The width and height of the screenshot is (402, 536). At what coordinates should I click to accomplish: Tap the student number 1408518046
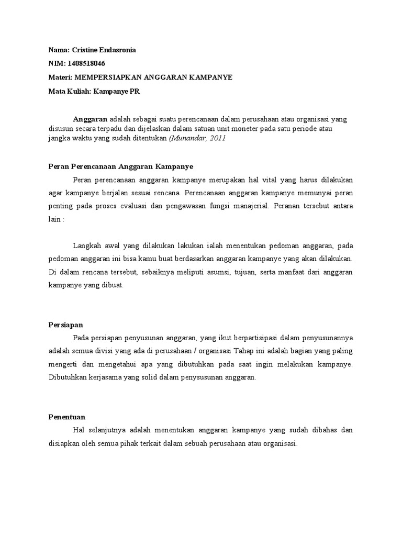[85, 63]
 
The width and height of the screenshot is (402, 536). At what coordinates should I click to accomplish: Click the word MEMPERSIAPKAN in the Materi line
[103, 77]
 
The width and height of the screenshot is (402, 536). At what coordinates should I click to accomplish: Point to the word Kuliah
[78, 91]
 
